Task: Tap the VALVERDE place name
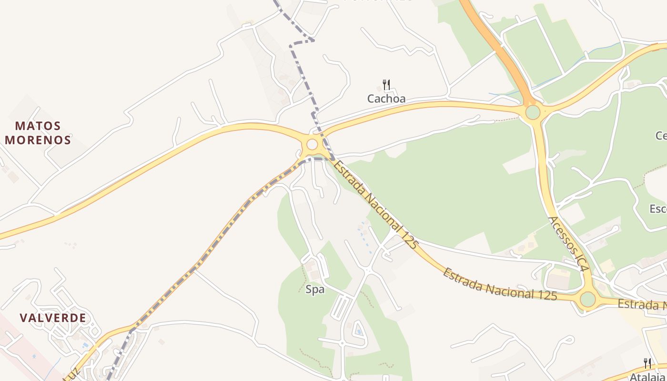click(x=53, y=318)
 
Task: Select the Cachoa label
click(x=386, y=99)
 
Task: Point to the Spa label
click(x=315, y=289)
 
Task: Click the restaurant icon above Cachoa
click(x=386, y=85)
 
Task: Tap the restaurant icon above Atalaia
click(x=647, y=364)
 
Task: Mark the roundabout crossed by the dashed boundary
click(x=312, y=144)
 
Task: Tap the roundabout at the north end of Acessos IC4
click(x=533, y=112)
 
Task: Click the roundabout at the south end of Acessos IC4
click(x=587, y=300)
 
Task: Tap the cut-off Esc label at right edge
click(x=658, y=209)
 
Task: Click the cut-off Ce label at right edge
click(x=661, y=136)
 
